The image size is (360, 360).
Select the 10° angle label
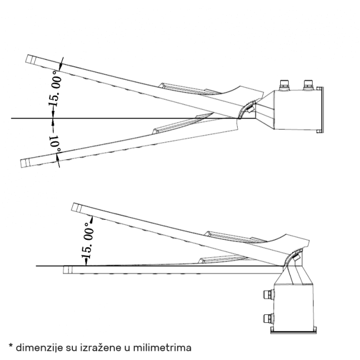tap(54, 142)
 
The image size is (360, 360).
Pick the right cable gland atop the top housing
tap(309, 84)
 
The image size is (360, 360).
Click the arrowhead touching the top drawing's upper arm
tap(60, 66)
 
